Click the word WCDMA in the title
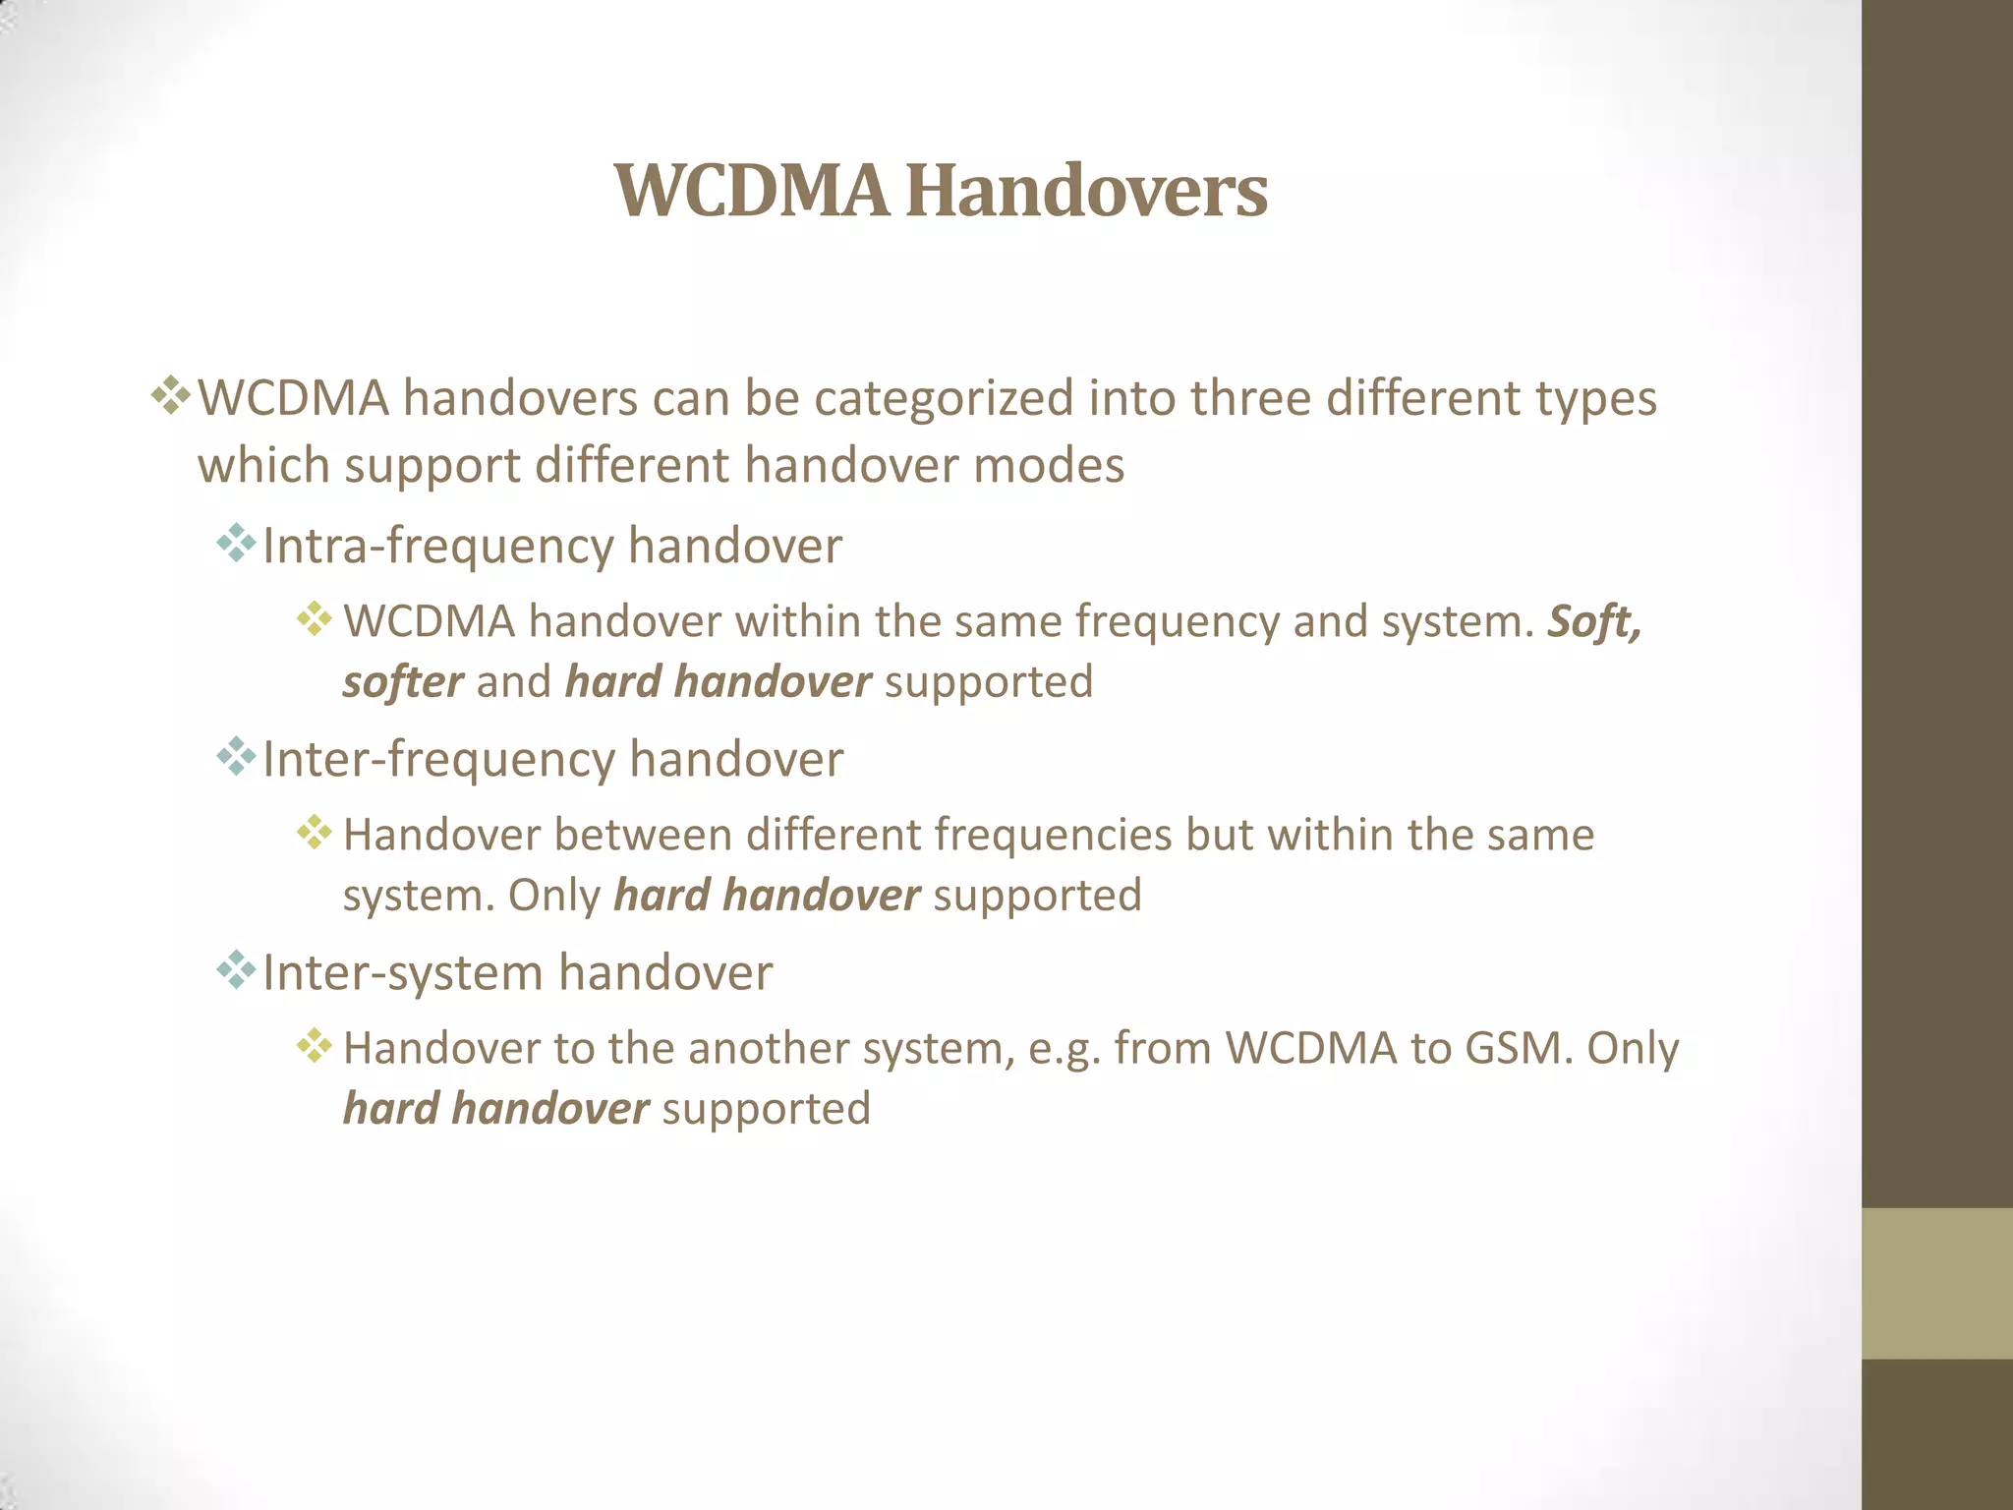click(752, 191)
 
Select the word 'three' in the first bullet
click(1250, 399)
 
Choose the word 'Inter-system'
click(403, 973)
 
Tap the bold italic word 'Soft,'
click(1594, 622)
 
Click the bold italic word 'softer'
click(403, 682)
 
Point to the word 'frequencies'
click(1052, 836)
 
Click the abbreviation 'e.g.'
click(1064, 1049)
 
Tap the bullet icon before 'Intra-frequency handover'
click(236, 543)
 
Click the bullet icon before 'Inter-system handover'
click(236, 970)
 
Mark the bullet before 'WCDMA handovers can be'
click(171, 395)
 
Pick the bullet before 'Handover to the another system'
click(315, 1045)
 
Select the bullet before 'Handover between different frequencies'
click(315, 832)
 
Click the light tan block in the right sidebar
click(1936, 1283)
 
